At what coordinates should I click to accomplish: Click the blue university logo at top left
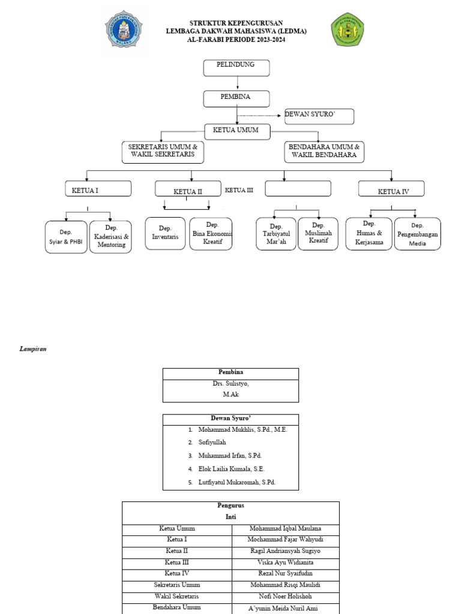click(124, 29)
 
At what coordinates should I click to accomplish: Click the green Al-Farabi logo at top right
click(348, 29)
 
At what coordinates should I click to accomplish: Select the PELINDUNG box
click(237, 68)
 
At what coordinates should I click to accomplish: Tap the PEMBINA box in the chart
click(237, 99)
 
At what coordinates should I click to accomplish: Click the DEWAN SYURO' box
click(319, 116)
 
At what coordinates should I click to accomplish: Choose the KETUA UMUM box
click(237, 131)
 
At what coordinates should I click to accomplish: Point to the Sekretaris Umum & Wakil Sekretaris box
click(163, 152)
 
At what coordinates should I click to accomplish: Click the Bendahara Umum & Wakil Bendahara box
click(324, 152)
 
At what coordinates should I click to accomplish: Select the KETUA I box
click(98, 188)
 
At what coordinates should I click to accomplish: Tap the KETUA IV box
click(391, 188)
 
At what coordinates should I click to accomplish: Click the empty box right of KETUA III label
click(298, 188)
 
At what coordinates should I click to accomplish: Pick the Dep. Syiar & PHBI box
click(66, 237)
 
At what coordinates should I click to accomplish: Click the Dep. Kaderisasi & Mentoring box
click(110, 236)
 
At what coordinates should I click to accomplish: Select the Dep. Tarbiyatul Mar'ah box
click(276, 234)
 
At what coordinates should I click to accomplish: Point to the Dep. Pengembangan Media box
click(418, 234)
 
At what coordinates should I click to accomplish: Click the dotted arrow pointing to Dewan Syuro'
click(259, 116)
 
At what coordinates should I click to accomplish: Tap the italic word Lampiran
click(33, 349)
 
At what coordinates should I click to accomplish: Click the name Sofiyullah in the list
click(212, 442)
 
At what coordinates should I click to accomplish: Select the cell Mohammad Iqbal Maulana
click(285, 529)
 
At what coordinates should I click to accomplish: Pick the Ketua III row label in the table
click(177, 562)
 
